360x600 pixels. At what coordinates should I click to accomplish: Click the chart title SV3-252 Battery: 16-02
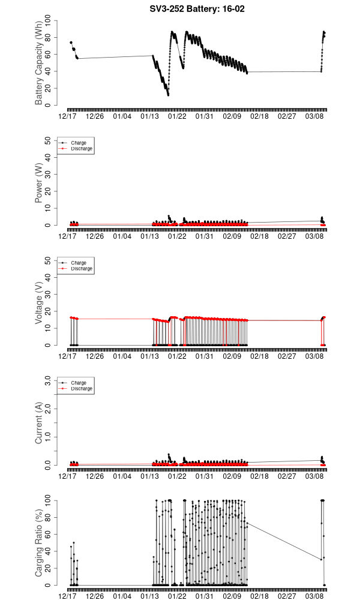197,9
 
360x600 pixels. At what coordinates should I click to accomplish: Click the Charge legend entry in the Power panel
78,143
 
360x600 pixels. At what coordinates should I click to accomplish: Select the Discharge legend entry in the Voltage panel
81,269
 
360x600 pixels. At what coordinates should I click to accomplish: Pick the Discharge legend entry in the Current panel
81,389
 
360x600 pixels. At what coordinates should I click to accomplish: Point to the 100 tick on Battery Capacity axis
50,21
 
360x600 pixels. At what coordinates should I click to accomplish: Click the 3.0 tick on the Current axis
50,380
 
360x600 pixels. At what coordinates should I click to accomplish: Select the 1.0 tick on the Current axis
50,437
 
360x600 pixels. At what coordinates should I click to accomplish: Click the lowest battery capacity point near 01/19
168,95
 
